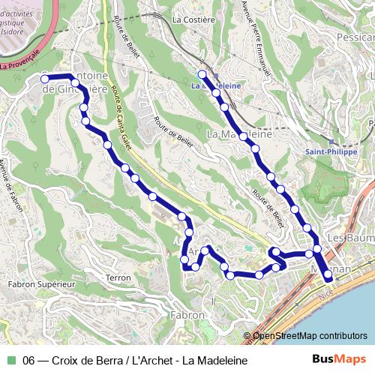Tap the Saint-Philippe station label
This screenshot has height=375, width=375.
click(x=330, y=151)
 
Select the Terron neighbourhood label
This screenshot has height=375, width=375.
click(x=118, y=277)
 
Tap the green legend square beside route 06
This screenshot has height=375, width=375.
click(x=11, y=360)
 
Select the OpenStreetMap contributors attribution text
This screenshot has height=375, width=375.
click(x=310, y=336)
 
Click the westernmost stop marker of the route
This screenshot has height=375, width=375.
click(x=43, y=78)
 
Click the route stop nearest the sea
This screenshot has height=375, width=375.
click(x=328, y=278)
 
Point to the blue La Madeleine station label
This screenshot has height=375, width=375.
click(x=217, y=85)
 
